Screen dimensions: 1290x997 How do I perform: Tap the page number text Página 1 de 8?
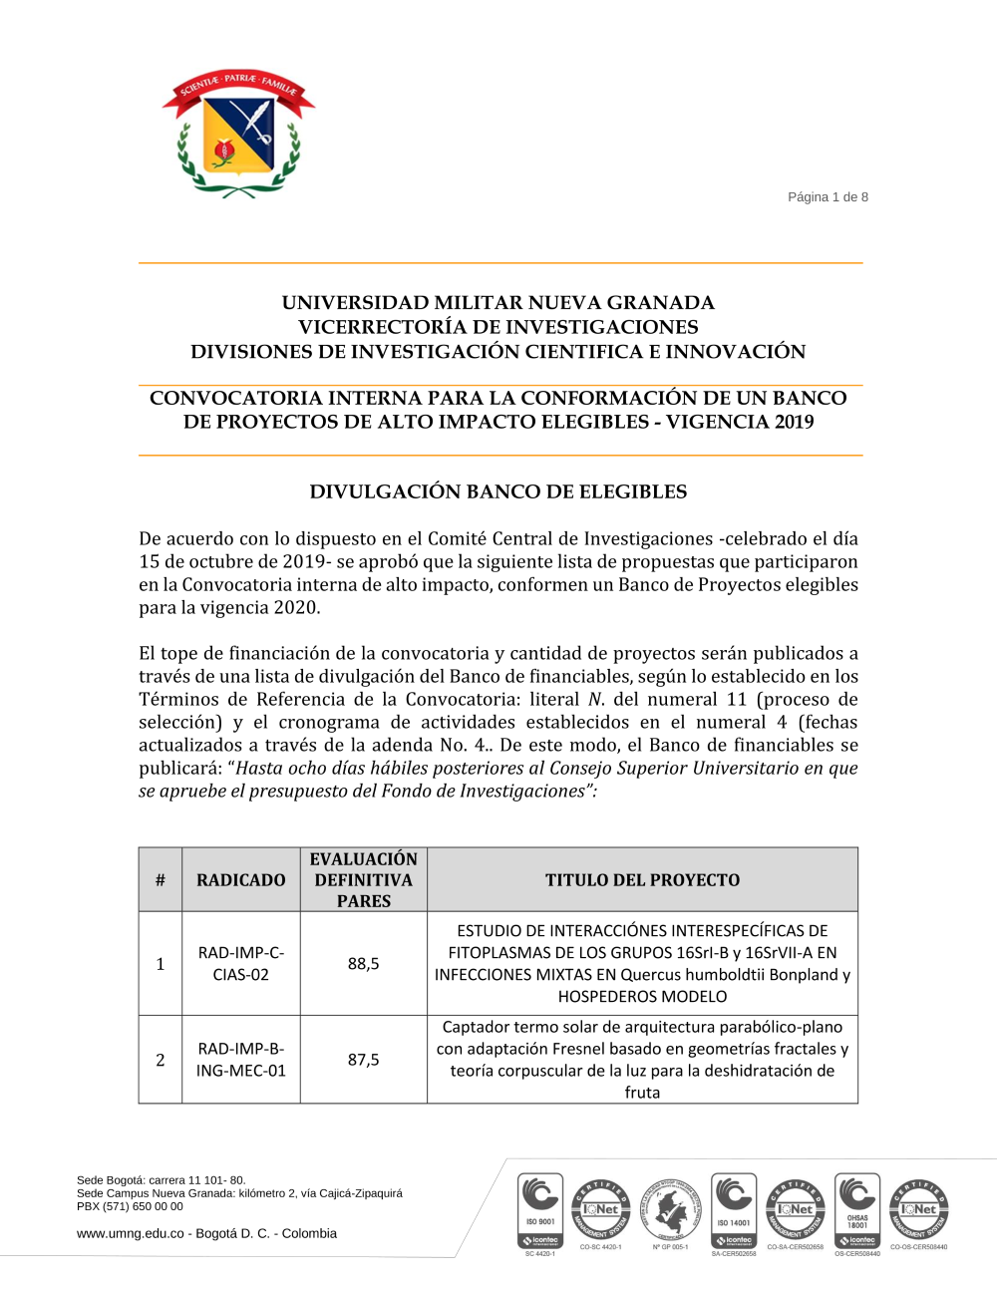tap(828, 197)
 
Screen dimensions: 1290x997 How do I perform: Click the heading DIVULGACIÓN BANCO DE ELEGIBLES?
tap(498, 491)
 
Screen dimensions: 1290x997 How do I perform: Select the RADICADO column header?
tap(241, 880)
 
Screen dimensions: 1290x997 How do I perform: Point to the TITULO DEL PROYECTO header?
tap(642, 880)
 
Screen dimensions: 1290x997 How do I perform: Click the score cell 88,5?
tap(364, 964)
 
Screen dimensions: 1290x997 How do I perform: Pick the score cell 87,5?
tap(364, 1060)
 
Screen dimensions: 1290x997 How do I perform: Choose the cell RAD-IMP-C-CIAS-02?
tap(241, 964)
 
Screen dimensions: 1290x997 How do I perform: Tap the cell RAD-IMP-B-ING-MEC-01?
tap(241, 1060)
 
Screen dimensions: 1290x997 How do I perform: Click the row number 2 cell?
tap(161, 1060)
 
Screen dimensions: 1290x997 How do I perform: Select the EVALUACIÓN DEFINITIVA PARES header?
tap(364, 880)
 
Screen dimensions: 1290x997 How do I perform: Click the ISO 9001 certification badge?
tap(540, 1211)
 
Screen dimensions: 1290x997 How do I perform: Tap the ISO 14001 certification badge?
tap(734, 1211)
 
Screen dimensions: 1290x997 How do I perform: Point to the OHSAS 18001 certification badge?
tap(857, 1211)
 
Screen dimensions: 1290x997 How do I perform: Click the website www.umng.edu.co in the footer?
tap(131, 1234)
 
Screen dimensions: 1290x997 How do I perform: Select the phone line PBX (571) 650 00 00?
tap(130, 1206)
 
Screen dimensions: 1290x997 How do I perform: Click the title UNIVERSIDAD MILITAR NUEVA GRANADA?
tap(498, 303)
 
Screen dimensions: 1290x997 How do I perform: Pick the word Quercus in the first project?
tap(651, 975)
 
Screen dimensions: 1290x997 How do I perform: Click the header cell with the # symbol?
tap(161, 880)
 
